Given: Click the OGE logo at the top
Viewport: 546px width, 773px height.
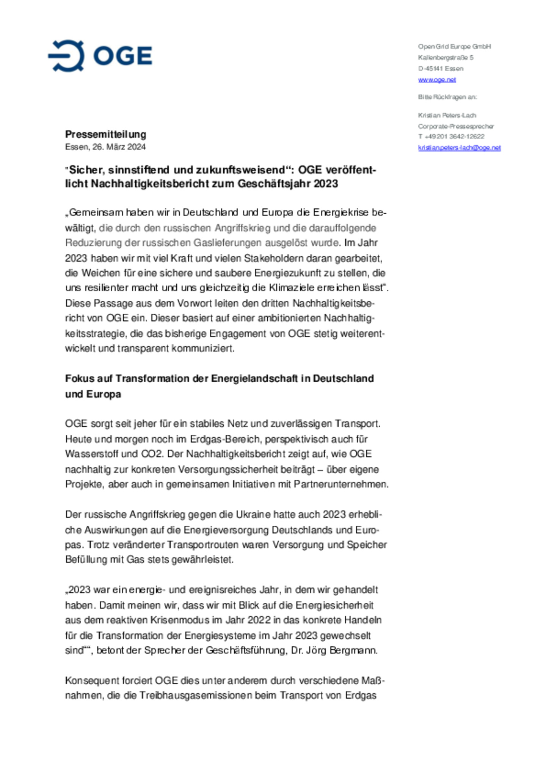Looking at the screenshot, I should coord(100,56).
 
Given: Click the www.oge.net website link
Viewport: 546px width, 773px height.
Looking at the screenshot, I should coord(437,80).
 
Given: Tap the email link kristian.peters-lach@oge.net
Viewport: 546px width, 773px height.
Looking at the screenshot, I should coord(459,148).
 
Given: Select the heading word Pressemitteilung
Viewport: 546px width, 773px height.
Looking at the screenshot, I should coord(105,134).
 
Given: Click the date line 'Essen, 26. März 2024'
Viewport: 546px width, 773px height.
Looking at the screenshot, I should coord(105,147).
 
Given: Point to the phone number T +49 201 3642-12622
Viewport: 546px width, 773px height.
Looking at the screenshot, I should coord(451,137).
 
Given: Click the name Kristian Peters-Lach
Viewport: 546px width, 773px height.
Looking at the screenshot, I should coord(447,115).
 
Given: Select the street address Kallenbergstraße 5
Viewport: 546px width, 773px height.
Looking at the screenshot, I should coord(446,58).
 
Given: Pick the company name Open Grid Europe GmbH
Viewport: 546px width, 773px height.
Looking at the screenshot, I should coord(454,47).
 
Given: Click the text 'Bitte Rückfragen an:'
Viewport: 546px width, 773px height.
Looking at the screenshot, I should coord(447,97).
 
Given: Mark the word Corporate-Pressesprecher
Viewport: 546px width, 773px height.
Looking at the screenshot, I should coord(456,126).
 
